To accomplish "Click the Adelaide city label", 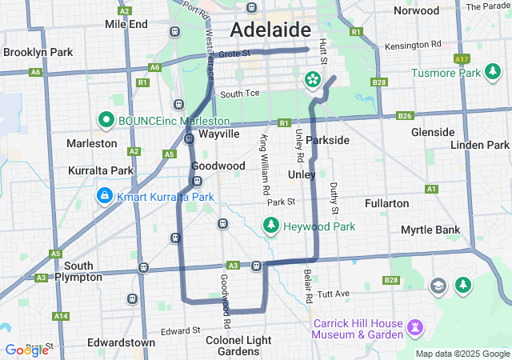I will (x=270, y=30).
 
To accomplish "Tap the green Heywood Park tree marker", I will (x=272, y=226).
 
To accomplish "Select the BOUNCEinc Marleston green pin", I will (x=106, y=121).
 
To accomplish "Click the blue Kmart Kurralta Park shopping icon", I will (x=104, y=196).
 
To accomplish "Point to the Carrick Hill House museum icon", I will (x=415, y=328).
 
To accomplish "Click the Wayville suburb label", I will (x=219, y=134).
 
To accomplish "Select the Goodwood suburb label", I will (x=218, y=166).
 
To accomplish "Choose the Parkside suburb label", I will (x=327, y=140).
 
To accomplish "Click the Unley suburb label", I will (x=301, y=174).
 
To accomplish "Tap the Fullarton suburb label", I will (x=386, y=203).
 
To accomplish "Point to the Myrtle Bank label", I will (x=430, y=230).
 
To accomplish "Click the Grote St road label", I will (x=234, y=54).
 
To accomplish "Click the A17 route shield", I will (x=461, y=59).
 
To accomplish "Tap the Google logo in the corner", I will (x=26, y=350).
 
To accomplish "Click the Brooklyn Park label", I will (x=38, y=52).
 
